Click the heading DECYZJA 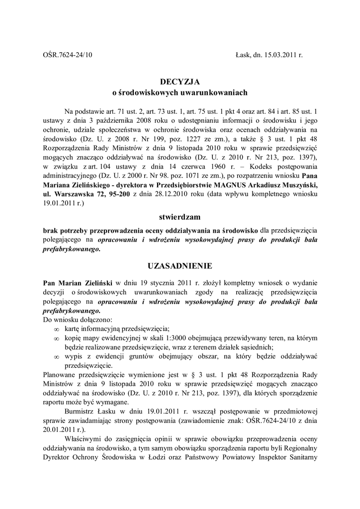pyautogui.click(x=180, y=81)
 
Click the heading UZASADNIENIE pyautogui.click(x=180, y=265)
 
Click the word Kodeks pyautogui.click(x=237, y=166)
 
